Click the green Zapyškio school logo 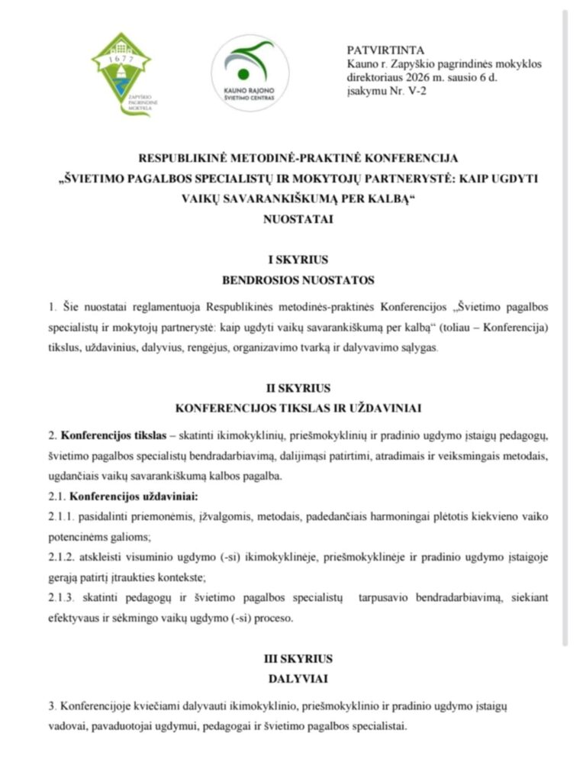point(121,74)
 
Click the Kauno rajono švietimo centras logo point(250,73)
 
